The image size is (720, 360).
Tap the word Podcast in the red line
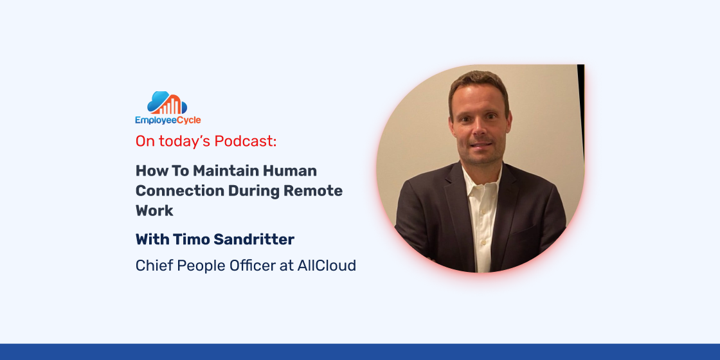pyautogui.click(x=246, y=141)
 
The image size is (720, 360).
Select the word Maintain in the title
pyautogui.click(x=226, y=171)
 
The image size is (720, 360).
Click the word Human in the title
pyautogui.click(x=290, y=171)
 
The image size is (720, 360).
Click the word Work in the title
pyautogui.click(x=154, y=211)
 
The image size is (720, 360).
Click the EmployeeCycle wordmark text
pyautogui.click(x=168, y=120)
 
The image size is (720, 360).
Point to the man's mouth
pyautogui.click(x=480, y=145)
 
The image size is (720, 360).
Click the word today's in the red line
pyautogui.click(x=183, y=141)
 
